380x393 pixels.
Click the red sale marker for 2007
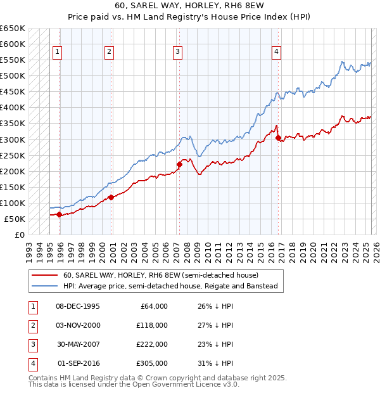(179, 165)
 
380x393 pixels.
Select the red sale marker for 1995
(60, 214)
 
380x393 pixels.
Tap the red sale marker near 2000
(111, 197)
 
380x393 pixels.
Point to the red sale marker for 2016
(279, 138)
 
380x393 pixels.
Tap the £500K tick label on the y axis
(12, 75)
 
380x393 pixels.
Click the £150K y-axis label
(12, 187)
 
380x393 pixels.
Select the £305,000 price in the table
(152, 363)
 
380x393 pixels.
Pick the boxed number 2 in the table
(31, 325)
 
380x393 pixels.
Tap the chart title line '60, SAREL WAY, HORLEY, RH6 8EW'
(190, 8)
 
